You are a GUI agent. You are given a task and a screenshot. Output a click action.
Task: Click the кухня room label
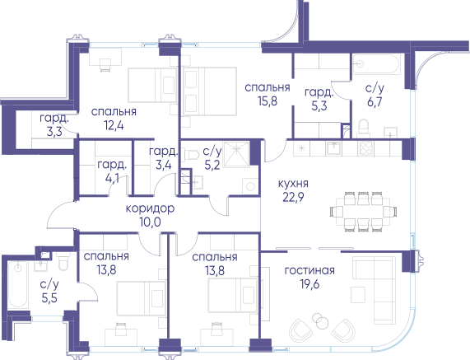(x=293, y=184)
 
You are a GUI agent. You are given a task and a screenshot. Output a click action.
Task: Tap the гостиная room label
(x=309, y=270)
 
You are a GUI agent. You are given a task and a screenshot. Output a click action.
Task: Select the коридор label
(x=150, y=208)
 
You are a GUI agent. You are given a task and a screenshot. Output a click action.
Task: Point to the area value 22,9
(x=293, y=197)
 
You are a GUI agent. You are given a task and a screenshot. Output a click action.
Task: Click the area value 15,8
(x=268, y=101)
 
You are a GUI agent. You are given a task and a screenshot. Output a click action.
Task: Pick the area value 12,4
(x=114, y=125)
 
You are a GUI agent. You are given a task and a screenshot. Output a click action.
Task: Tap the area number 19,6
(x=309, y=284)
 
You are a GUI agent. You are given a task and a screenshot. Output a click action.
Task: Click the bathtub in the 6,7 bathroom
(x=376, y=63)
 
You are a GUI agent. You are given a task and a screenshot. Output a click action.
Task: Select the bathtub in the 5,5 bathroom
(x=17, y=284)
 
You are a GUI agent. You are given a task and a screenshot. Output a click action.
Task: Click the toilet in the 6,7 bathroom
(x=364, y=128)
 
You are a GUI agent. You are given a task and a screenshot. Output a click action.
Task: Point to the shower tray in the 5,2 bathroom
(x=236, y=153)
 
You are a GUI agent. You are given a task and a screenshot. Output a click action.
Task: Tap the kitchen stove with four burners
(x=365, y=147)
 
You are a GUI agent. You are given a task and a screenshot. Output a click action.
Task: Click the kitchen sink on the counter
(x=334, y=147)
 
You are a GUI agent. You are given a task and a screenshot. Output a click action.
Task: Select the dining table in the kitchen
(x=363, y=212)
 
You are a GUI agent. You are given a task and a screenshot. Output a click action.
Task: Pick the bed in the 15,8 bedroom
(x=210, y=91)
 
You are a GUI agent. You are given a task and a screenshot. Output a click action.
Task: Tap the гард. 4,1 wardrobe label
(x=112, y=171)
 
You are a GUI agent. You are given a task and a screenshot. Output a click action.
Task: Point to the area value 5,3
(x=319, y=106)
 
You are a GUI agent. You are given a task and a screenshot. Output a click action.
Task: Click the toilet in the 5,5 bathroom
(x=64, y=261)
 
